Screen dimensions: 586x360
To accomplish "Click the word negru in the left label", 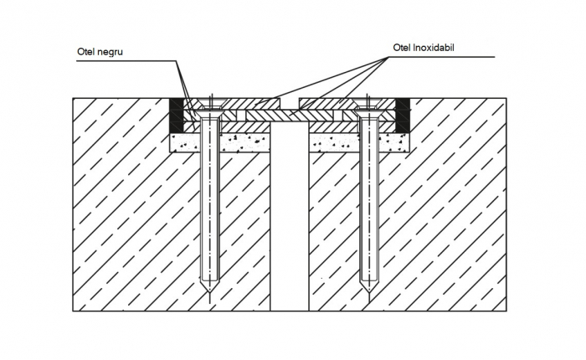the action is click(110, 52).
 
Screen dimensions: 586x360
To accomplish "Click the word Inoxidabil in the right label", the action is click(434, 48).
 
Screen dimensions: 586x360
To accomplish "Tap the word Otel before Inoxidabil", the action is click(402, 48).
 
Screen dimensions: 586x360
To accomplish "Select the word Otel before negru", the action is click(86, 52).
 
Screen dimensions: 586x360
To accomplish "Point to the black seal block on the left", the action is click(177, 116).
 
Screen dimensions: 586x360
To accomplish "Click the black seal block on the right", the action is click(403, 116).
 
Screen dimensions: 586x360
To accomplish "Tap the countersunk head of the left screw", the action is click(209, 111).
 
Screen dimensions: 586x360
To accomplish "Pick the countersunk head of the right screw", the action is click(368, 111).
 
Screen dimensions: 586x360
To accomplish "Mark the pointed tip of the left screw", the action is click(209, 292).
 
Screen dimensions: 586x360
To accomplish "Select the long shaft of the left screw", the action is click(209, 198).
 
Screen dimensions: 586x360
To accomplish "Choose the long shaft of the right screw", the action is click(368, 198).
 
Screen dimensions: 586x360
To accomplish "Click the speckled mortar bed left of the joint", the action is click(219, 143).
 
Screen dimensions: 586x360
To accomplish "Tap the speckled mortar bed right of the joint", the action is click(359, 143).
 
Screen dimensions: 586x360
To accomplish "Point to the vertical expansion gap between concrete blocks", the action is click(290, 217).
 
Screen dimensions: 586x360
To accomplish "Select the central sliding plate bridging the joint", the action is click(290, 116).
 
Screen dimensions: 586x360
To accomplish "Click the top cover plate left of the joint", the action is click(232, 104).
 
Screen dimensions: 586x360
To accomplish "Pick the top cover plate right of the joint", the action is click(347, 104).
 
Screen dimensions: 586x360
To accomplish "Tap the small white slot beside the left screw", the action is click(241, 116).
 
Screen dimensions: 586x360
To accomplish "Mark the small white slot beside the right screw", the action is click(338, 116).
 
